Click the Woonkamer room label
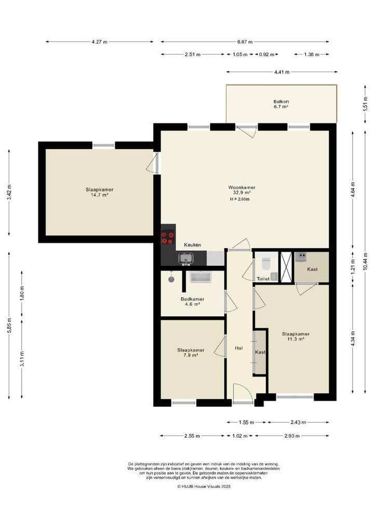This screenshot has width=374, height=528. click(242, 190)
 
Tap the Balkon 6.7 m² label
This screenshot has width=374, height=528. click(281, 104)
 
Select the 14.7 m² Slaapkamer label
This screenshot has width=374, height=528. click(99, 192)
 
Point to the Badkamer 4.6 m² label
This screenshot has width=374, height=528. click(192, 301)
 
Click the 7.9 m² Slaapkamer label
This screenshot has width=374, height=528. click(191, 353)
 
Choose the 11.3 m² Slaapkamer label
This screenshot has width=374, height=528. click(296, 336)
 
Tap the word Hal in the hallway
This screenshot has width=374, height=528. click(238, 348)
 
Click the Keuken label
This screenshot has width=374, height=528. click(192, 245)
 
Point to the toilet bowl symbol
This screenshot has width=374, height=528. click(266, 264)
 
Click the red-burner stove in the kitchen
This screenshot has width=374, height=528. click(168, 238)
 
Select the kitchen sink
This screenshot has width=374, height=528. click(186, 259)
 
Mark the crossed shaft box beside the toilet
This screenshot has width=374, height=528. click(287, 266)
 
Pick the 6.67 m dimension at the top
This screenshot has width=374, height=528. click(245, 42)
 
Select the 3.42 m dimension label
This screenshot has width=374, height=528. click(9, 192)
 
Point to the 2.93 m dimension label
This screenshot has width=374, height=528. click(292, 436)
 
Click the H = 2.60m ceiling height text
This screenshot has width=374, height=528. click(240, 199)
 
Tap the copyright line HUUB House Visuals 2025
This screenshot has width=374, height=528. click(204, 486)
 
